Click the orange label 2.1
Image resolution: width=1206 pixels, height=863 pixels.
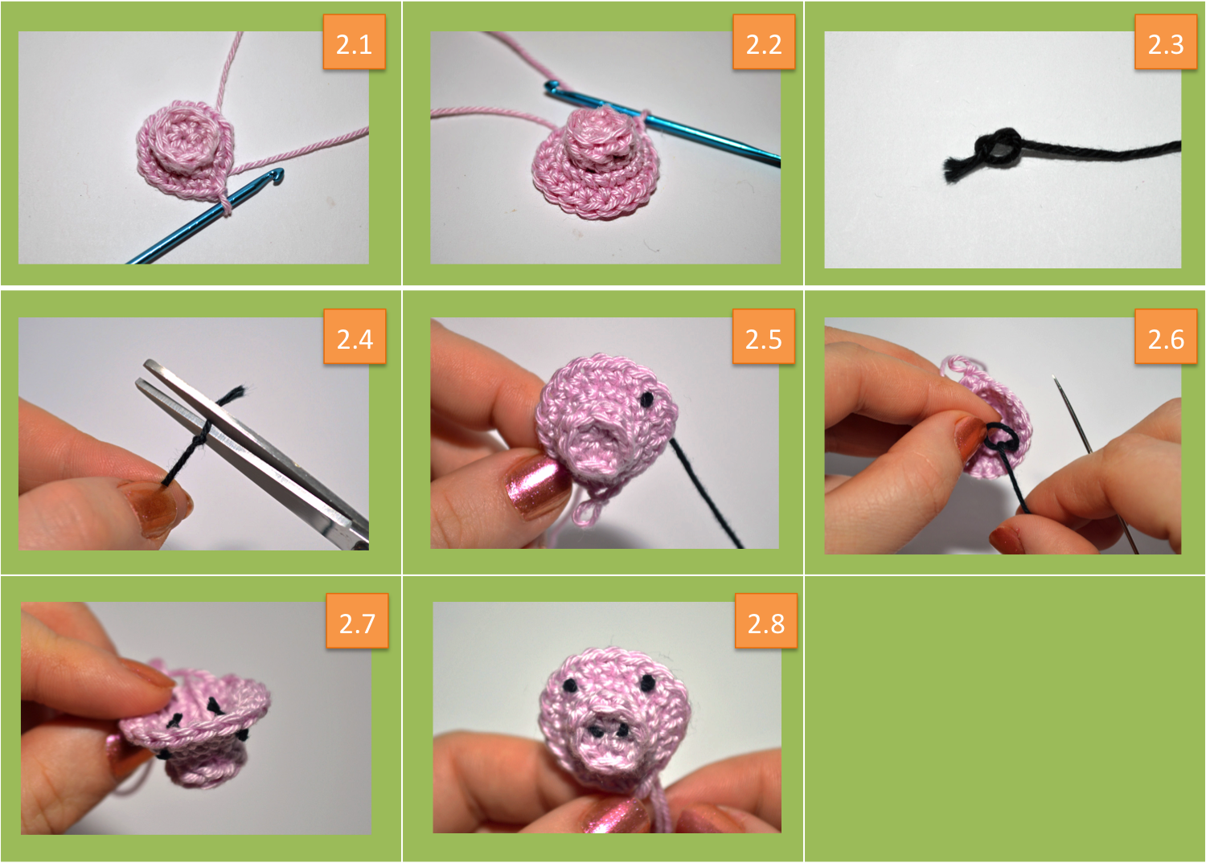tap(355, 42)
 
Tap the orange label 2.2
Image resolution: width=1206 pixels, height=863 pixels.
tap(764, 42)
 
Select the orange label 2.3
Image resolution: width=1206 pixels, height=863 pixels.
tap(1166, 42)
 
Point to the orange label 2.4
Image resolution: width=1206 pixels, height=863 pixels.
tap(355, 337)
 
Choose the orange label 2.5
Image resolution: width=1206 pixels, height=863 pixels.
tap(764, 337)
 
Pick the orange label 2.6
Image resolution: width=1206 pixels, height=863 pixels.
tap(1166, 337)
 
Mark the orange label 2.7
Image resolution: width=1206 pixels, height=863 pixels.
tap(357, 621)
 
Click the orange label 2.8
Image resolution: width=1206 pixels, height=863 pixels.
tap(765, 621)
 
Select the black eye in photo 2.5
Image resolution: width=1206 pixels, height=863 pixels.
tap(647, 398)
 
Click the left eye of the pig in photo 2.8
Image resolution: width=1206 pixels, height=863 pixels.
tap(569, 685)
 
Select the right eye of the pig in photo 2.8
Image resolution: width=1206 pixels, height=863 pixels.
tap(648, 683)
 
